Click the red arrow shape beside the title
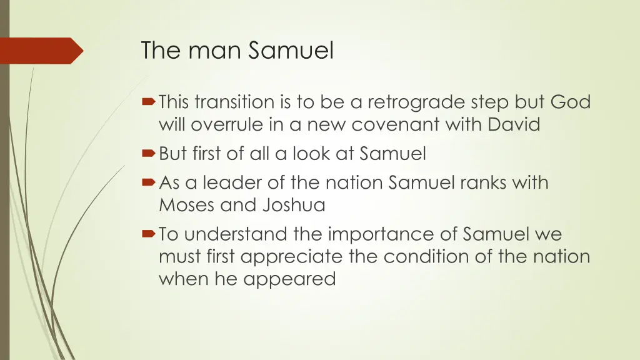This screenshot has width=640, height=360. coord(41,51)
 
